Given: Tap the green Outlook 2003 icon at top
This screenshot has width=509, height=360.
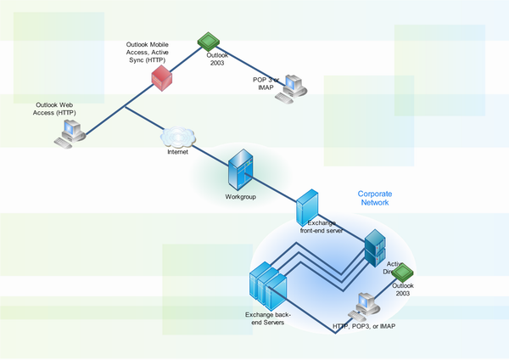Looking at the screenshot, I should [208, 40].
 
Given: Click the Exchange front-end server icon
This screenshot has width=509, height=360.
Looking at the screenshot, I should [307, 205].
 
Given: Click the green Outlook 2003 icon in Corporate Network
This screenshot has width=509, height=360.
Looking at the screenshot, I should [401, 273].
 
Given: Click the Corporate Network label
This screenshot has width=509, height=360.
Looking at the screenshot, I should [373, 198].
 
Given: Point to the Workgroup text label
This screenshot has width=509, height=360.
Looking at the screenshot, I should [240, 196].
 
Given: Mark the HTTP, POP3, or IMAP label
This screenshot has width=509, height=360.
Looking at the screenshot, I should [364, 326].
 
